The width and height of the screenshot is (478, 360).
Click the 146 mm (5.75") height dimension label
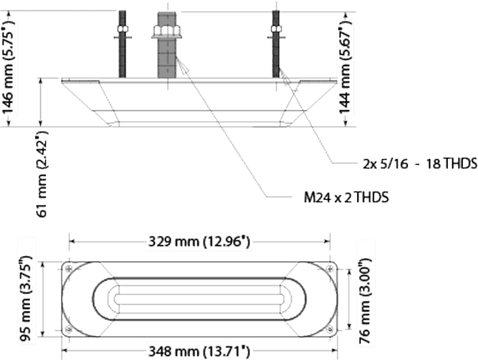tap(9, 66)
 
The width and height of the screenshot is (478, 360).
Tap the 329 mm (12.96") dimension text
tap(198, 242)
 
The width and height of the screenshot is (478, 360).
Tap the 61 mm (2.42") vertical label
tap(42, 177)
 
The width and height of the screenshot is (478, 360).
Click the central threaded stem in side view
tap(165, 46)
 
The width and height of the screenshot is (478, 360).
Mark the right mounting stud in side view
tap(276, 46)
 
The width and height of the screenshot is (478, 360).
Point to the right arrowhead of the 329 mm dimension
tap(326, 242)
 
